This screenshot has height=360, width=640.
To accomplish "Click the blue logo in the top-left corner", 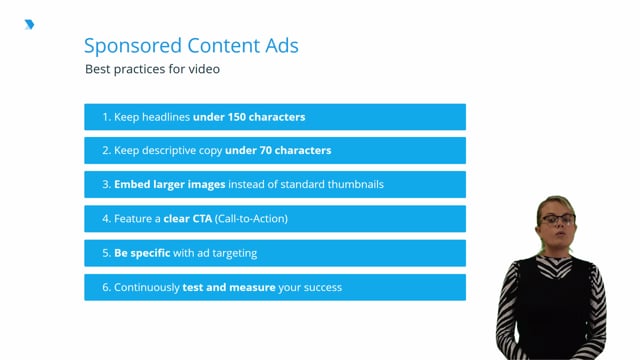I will click(x=29, y=25).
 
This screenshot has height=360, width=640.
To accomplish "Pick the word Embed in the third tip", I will click(x=134, y=185).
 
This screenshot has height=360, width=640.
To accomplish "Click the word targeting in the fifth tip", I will click(x=236, y=253).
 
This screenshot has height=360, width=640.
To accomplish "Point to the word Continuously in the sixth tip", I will click(x=147, y=287).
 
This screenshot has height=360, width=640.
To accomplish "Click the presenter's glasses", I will click(x=556, y=218).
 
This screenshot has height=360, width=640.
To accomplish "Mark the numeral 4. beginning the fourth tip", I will click(x=106, y=219).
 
